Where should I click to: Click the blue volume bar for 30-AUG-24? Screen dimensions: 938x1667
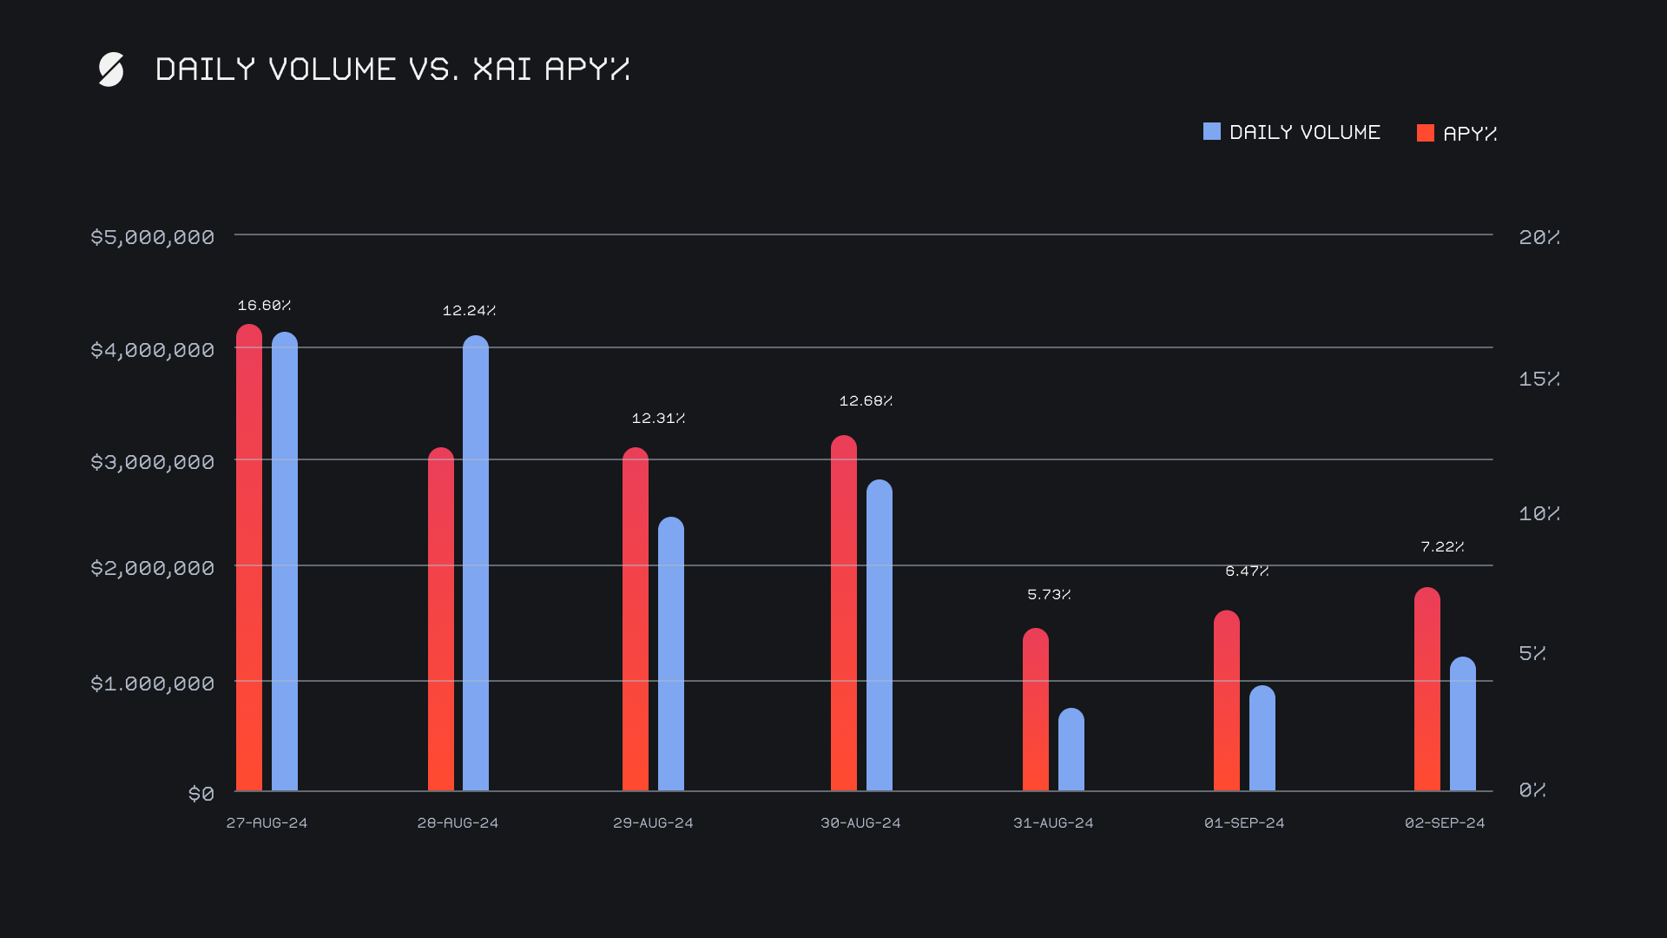[x=880, y=635]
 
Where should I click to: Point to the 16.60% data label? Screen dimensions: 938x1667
[x=264, y=306]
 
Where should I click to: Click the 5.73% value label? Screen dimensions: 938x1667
[x=1049, y=595]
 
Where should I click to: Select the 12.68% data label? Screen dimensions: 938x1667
[x=866, y=401]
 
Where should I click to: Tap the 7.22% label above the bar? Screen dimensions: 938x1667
[x=1442, y=547]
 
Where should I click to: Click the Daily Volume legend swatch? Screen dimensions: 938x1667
[x=1212, y=132]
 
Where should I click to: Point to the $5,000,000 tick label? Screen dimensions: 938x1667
[x=153, y=237]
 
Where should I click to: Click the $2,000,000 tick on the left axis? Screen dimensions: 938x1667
[x=153, y=568]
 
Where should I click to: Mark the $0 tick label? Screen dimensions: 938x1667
[x=201, y=794]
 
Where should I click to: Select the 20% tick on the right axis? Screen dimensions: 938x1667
[x=1539, y=237]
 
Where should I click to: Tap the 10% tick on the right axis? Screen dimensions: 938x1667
[x=1539, y=513]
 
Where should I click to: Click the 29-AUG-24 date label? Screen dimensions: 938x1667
[x=653, y=822]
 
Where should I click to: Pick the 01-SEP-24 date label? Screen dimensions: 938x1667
[x=1244, y=822]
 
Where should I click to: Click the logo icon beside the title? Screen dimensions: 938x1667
[x=111, y=69]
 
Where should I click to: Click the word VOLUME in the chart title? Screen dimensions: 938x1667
[x=333, y=69]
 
